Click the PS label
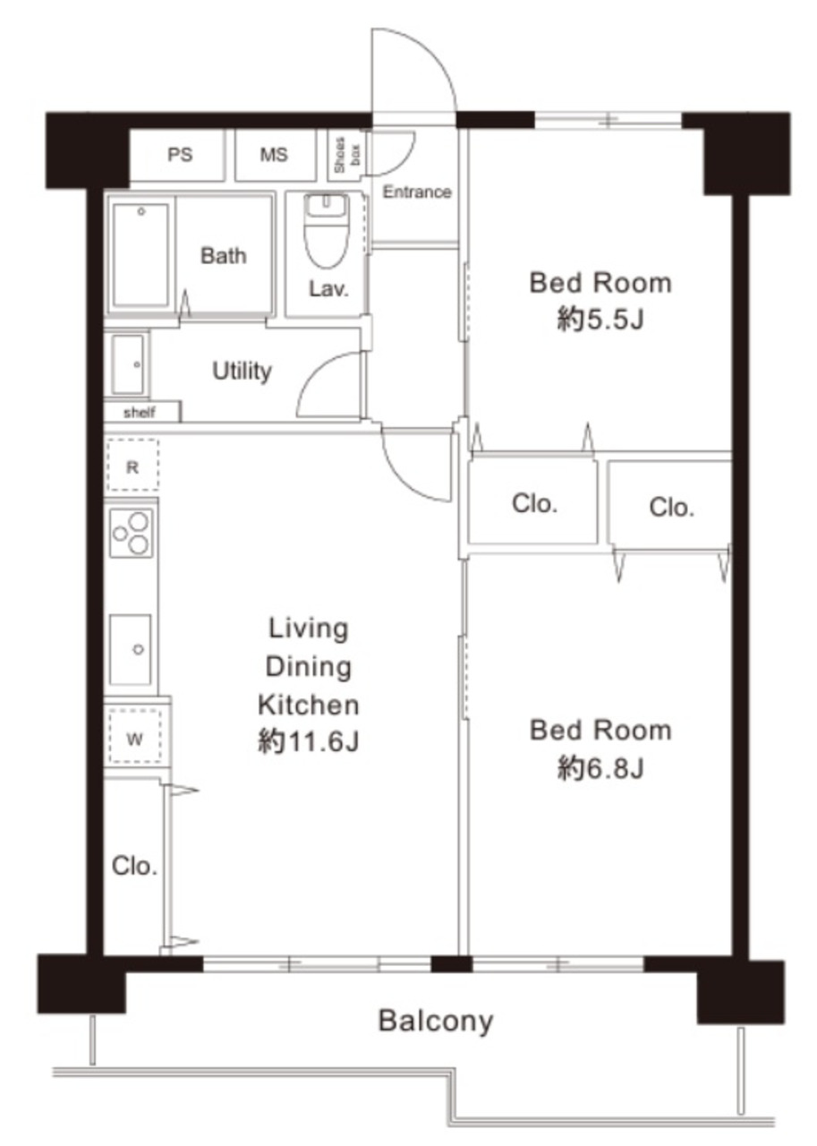(180, 155)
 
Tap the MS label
(274, 155)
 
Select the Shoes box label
(346, 155)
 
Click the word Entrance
(417, 192)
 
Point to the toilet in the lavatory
(327, 231)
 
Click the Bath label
(223, 255)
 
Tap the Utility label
(242, 371)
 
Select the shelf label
(139, 413)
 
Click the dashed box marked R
(132, 465)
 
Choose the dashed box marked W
(134, 739)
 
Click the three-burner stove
(131, 533)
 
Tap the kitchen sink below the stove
(131, 650)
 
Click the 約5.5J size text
(600, 321)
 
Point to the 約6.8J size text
(600, 767)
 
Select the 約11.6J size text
(309, 740)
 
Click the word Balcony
(436, 1020)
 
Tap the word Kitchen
(309, 705)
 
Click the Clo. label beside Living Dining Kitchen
(134, 866)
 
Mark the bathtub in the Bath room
(140, 255)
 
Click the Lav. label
(328, 289)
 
